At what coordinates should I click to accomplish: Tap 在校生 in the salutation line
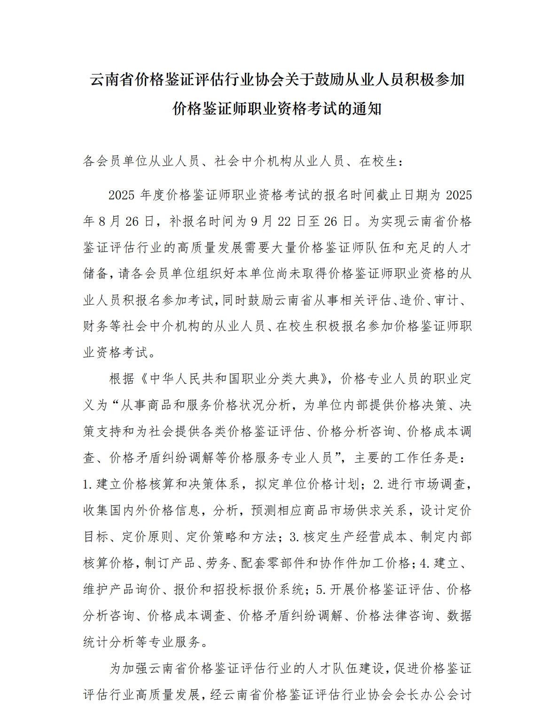(378, 162)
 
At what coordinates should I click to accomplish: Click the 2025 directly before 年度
(122, 195)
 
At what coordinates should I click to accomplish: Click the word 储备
(96, 274)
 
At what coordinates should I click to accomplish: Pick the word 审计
(446, 300)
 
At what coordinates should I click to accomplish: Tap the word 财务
(96, 326)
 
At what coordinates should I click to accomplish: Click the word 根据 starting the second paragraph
(122, 379)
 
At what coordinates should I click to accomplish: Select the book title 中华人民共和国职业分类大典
(234, 379)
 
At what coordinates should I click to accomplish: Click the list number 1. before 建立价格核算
(88, 484)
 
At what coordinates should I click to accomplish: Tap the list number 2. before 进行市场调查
(378, 484)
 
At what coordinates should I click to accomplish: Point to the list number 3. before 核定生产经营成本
(295, 537)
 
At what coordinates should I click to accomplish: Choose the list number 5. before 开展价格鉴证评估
(321, 590)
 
